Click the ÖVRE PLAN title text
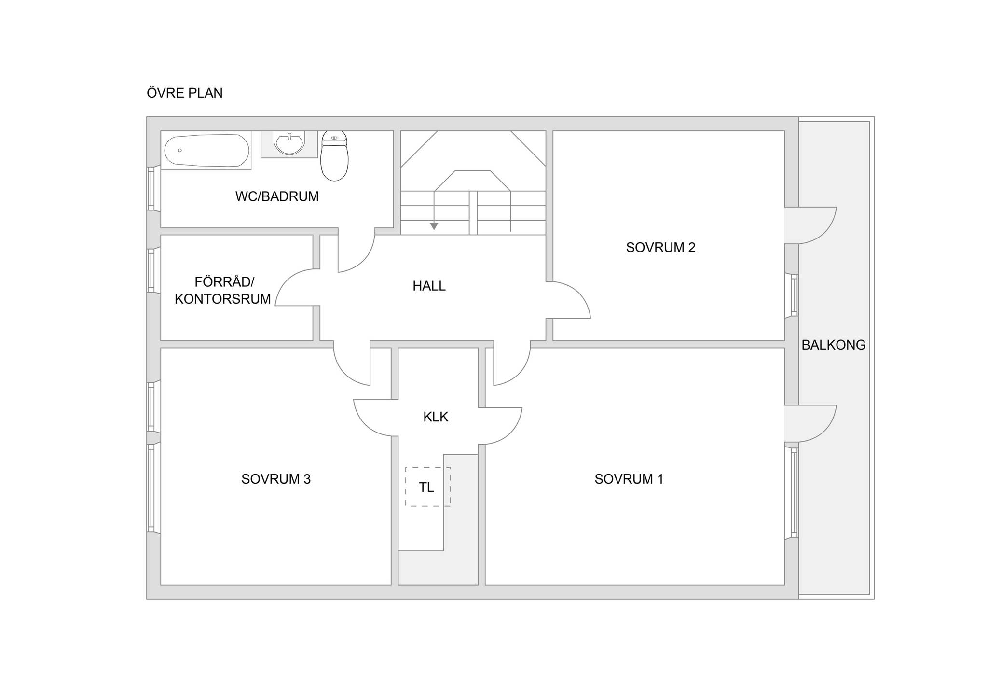185,93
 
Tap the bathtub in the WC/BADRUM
206,150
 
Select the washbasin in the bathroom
289,143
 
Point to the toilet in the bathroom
334,155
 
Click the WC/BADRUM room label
277,196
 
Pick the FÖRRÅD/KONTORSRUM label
223,290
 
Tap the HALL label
429,286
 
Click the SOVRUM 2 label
660,247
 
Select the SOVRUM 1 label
629,479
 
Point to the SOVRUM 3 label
276,479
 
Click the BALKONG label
834,345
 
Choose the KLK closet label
436,417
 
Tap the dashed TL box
428,487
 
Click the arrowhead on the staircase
434,226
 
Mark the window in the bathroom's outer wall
151,188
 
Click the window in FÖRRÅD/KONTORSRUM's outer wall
151,270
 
